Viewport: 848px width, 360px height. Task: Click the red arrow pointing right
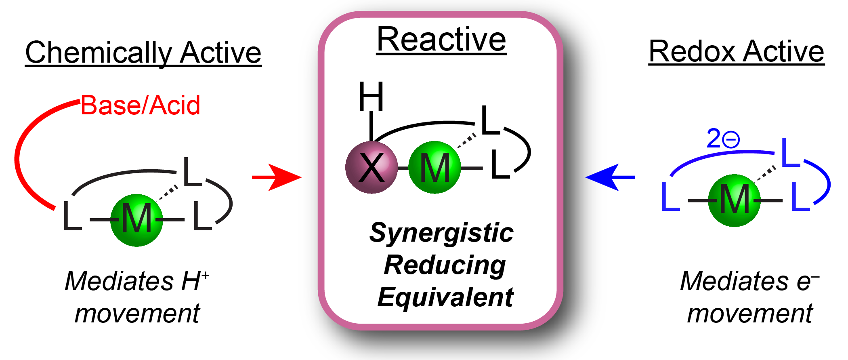[x=277, y=177]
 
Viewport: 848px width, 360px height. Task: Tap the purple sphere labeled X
[x=372, y=167]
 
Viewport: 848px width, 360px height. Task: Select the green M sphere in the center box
[x=434, y=167]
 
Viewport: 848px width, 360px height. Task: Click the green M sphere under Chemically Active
[x=136, y=220]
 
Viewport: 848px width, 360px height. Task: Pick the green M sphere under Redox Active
[x=734, y=200]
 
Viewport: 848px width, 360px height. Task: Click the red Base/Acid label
[x=140, y=105]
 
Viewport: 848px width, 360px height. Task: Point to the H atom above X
[x=371, y=97]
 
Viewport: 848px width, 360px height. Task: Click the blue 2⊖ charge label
[x=722, y=139]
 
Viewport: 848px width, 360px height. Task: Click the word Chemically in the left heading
[x=99, y=53]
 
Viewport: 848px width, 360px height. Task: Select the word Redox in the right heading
[x=692, y=52]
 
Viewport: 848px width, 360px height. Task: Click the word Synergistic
[x=441, y=234]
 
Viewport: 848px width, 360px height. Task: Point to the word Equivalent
[x=445, y=297]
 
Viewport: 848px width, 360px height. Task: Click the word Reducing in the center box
[x=444, y=265]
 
